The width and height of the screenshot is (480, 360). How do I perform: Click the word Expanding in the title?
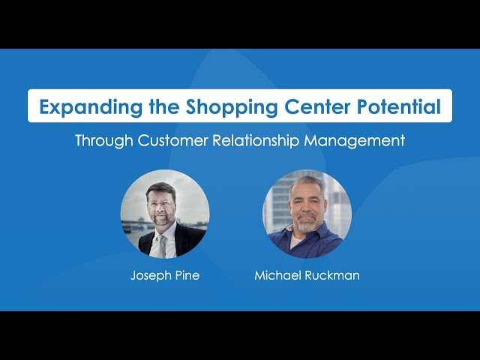tap(91, 107)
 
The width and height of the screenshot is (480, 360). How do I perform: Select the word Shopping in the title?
tap(232, 107)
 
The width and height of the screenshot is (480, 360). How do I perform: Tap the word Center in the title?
tap(317, 106)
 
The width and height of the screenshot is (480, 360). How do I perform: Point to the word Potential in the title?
tap(399, 106)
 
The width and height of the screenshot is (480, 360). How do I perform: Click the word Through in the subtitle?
tap(104, 141)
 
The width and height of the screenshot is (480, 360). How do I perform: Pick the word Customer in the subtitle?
tap(172, 140)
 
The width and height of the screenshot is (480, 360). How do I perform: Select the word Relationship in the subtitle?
tap(256, 141)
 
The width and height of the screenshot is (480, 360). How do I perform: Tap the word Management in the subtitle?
tap(355, 141)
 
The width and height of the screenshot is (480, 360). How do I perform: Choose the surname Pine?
tap(187, 275)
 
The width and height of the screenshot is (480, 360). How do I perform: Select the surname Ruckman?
tap(332, 275)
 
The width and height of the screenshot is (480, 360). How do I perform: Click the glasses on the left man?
tap(160, 204)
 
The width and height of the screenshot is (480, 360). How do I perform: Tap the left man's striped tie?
tap(160, 246)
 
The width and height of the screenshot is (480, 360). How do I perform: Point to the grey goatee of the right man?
tap(307, 223)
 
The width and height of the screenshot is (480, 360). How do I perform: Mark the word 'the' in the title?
tap(164, 106)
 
